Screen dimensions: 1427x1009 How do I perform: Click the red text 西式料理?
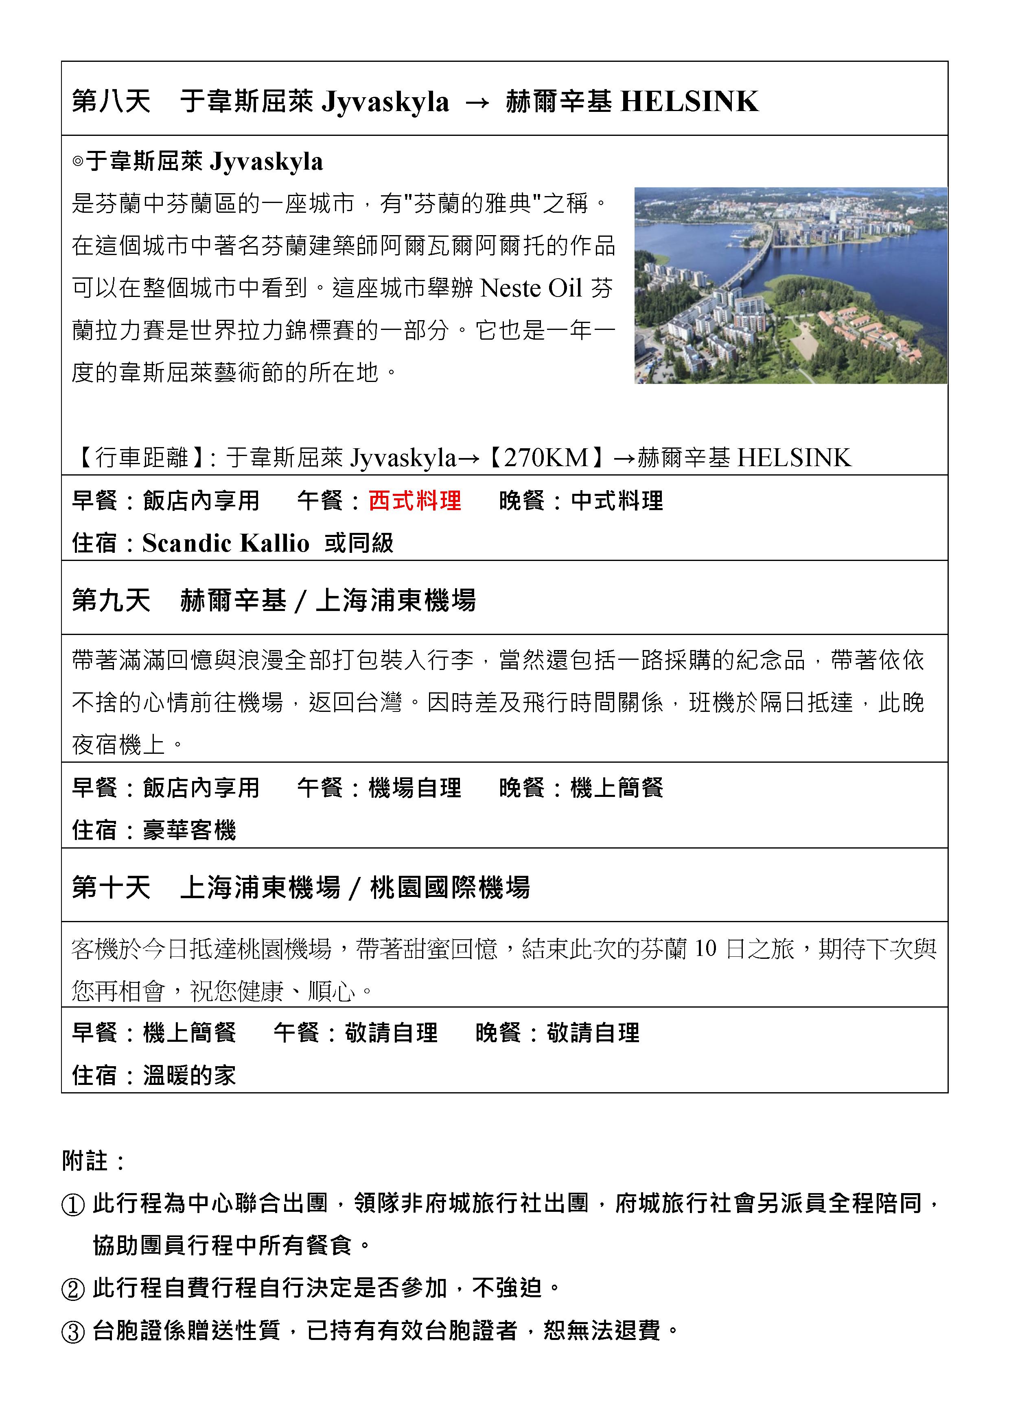(415, 500)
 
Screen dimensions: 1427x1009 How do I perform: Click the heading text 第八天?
(111, 101)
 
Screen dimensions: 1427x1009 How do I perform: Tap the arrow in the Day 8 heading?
(477, 102)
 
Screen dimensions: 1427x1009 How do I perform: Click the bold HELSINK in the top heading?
(689, 101)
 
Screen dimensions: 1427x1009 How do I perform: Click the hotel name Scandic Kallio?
(225, 543)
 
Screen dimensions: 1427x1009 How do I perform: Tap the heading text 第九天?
(111, 600)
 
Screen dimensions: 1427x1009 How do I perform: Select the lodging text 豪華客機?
(190, 830)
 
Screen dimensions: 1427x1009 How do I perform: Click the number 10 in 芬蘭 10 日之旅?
(705, 949)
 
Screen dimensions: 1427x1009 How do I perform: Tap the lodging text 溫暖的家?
(190, 1075)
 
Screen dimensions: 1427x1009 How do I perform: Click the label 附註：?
(93, 1161)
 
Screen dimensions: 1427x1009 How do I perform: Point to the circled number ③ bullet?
(73, 1332)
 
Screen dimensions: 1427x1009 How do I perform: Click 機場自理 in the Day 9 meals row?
(415, 788)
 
